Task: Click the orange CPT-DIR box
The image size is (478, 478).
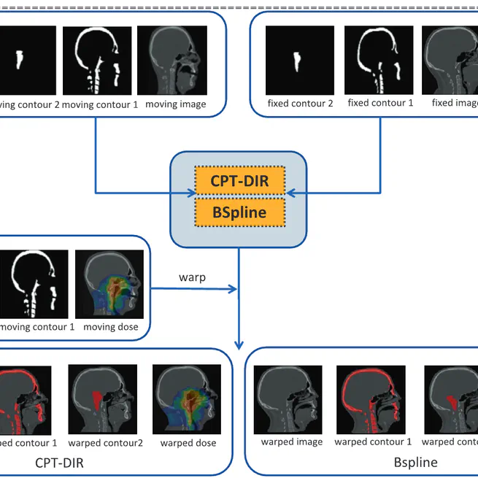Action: click(239, 181)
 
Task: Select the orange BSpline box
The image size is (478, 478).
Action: click(239, 213)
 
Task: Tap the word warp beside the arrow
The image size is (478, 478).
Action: click(192, 278)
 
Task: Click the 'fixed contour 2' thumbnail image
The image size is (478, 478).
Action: click(299, 61)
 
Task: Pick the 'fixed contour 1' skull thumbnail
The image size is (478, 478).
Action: click(379, 61)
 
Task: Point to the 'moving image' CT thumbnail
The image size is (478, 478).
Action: click(171, 61)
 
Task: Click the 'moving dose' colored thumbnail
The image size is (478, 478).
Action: click(110, 285)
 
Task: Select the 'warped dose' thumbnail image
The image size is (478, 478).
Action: click(187, 398)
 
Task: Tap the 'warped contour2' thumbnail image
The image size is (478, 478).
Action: click(103, 398)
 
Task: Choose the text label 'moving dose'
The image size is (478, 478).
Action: click(110, 327)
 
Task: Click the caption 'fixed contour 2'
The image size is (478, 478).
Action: click(300, 104)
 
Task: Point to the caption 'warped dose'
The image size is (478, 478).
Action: click(188, 443)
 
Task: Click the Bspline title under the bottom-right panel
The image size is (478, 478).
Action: click(415, 462)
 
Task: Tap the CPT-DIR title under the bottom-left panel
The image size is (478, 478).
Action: click(64, 462)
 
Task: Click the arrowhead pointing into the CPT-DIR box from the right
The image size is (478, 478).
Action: click(290, 193)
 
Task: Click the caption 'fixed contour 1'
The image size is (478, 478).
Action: click(380, 103)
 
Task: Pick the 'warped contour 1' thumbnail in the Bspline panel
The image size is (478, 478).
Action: click(370, 399)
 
